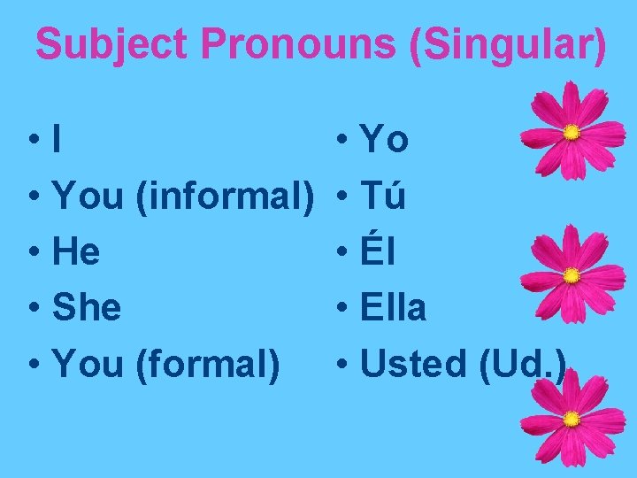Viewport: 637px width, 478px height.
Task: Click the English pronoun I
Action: click(58, 141)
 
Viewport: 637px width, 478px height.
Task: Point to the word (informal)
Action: click(226, 197)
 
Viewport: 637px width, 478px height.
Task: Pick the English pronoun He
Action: click(76, 253)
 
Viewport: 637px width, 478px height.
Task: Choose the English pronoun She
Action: click(87, 308)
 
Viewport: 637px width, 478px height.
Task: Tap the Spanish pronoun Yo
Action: click(385, 141)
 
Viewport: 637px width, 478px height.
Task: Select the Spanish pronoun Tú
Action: click(383, 197)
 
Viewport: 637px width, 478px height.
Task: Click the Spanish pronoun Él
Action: click(378, 253)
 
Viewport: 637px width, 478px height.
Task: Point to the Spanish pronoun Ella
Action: click(394, 308)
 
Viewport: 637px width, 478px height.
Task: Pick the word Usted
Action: click(415, 363)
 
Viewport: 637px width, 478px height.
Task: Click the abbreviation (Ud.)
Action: click(522, 363)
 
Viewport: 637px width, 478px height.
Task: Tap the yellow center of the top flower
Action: click(572, 133)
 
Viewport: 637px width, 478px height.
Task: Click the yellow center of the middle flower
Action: click(572, 275)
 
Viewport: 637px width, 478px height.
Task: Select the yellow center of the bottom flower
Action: click(572, 418)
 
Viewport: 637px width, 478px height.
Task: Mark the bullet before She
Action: click(32, 310)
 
